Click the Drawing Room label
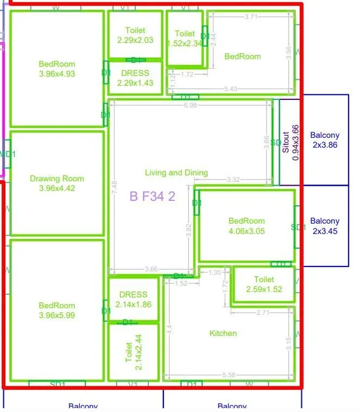57,183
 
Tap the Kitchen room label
223,333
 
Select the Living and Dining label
176,173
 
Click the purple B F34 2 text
152,197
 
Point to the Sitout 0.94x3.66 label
290,143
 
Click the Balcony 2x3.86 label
325,140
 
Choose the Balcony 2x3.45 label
325,226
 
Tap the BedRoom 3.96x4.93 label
57,69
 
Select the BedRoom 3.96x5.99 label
57,310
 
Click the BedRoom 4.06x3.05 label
247,226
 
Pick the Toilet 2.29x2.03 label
135,35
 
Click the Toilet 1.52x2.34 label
185,39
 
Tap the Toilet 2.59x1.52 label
264,284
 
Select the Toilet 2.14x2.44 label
132,352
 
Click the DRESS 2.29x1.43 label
135,78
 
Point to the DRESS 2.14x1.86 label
134,300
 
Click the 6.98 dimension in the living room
190,105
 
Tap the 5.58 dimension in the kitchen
229,375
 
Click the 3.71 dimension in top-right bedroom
251,17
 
